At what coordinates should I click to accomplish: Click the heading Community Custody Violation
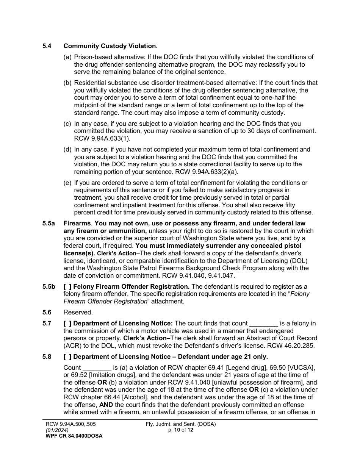click(x=110, y=46)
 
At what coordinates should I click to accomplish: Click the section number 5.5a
click(x=49, y=224)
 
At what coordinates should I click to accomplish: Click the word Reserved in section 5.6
click(x=78, y=313)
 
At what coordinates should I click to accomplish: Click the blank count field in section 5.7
click(x=264, y=324)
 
